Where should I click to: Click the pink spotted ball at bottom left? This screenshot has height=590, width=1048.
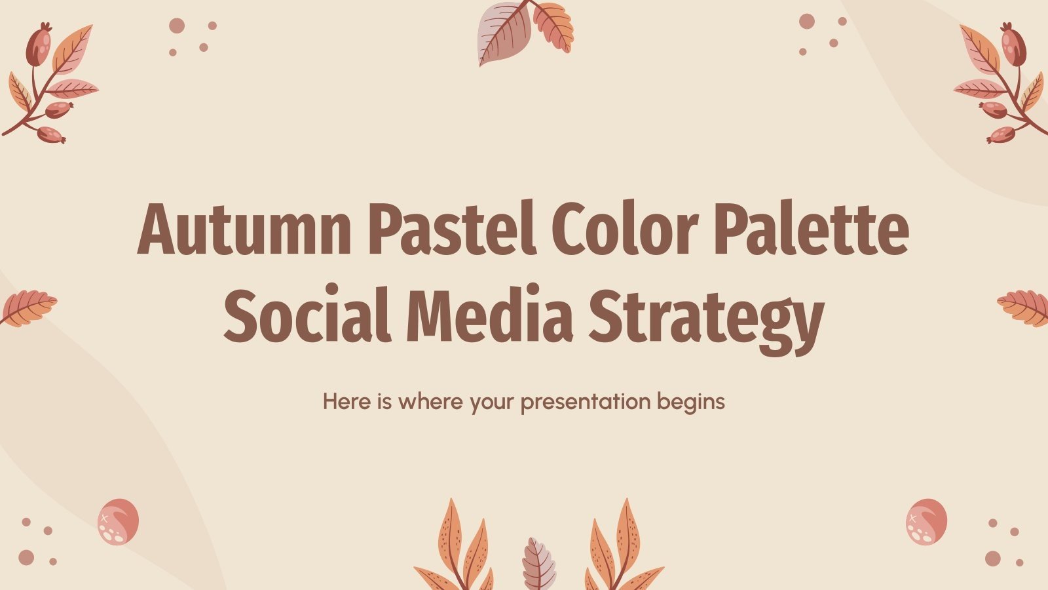[118, 521]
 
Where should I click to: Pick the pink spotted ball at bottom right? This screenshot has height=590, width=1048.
[926, 521]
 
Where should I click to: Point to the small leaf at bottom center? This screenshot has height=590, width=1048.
[538, 564]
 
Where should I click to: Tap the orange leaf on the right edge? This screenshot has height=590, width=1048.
[1024, 307]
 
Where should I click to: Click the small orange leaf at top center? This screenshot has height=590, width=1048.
[554, 28]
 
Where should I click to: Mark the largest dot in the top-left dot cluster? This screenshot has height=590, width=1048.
[177, 26]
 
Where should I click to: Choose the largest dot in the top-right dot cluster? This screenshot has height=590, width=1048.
[807, 21]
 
